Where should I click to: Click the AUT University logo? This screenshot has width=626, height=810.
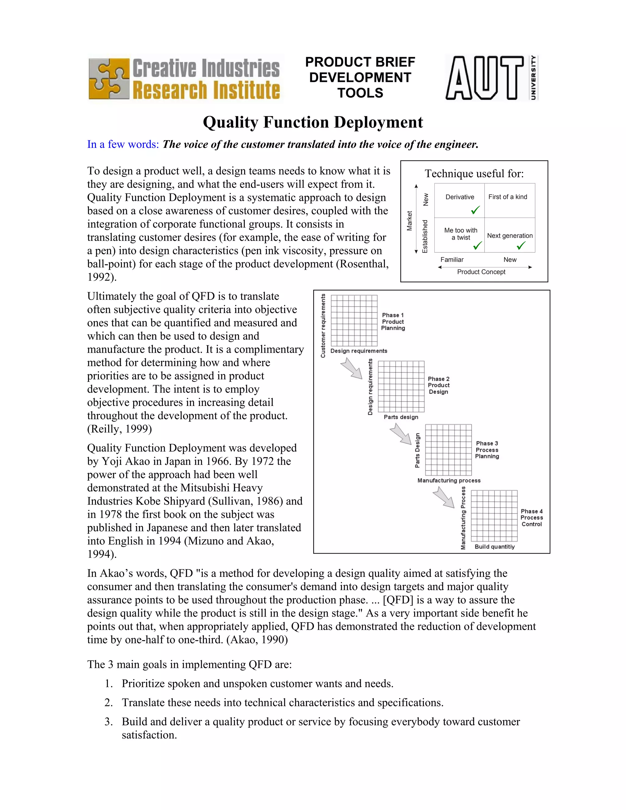(492, 78)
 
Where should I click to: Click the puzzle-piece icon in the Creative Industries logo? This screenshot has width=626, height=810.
(109, 79)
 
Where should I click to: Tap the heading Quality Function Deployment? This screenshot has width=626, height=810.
(313, 122)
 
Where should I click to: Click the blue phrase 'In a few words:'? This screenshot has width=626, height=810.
(123, 144)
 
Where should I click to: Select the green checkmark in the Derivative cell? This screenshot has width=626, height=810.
(475, 210)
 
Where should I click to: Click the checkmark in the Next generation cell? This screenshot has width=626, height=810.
(521, 245)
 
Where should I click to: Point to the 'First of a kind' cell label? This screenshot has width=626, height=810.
(507, 197)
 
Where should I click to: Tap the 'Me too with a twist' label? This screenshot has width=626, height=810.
(461, 234)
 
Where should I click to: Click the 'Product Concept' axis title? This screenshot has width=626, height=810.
(481, 272)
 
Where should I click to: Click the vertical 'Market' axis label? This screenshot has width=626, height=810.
(409, 221)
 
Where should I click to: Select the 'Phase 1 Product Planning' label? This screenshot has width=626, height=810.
(393, 322)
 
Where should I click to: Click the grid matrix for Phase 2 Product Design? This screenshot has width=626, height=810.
(401, 386)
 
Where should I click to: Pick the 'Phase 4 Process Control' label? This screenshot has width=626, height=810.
(532, 517)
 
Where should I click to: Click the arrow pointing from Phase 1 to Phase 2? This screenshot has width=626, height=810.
(351, 368)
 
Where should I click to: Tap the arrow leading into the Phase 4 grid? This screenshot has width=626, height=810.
(444, 497)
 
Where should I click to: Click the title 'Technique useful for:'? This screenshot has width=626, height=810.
(474, 174)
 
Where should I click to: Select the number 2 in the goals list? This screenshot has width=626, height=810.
(108, 702)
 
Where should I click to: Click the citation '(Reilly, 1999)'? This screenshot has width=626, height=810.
(120, 429)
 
